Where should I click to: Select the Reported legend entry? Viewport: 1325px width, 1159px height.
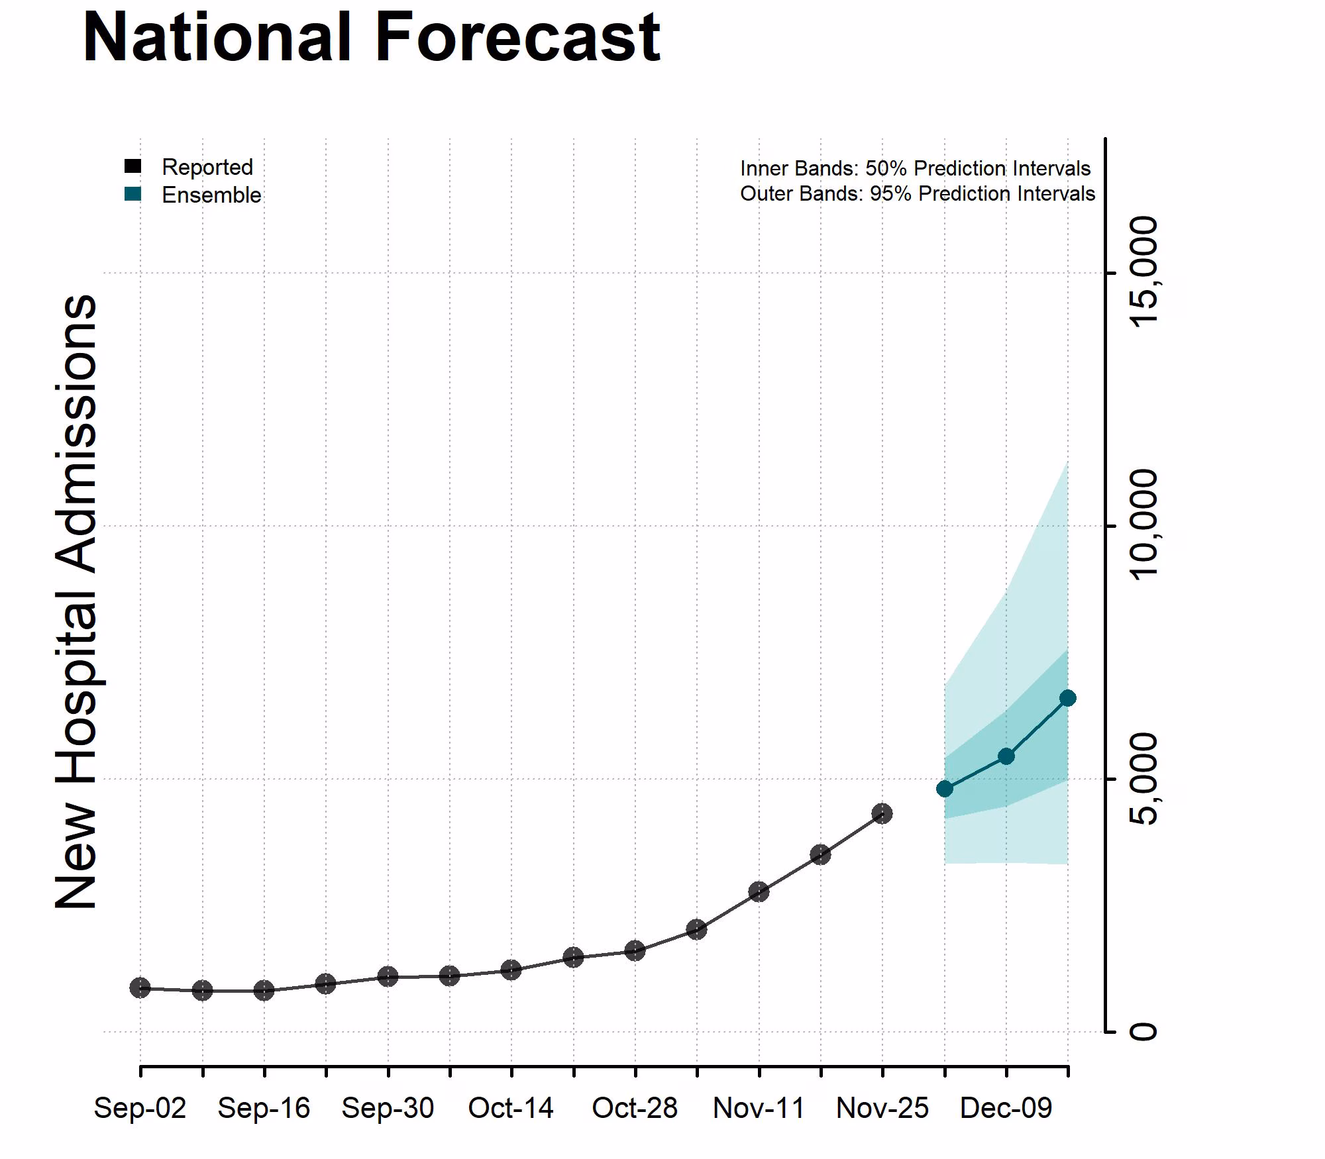(x=207, y=167)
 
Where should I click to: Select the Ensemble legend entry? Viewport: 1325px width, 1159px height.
(x=211, y=195)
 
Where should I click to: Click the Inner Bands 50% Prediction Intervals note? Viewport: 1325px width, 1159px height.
(x=915, y=168)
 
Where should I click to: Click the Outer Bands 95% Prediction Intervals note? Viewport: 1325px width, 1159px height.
(x=917, y=193)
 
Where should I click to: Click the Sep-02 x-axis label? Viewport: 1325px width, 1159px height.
(x=140, y=1108)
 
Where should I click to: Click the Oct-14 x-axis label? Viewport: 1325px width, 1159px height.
(x=511, y=1108)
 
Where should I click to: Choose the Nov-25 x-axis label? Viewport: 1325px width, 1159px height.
(x=882, y=1108)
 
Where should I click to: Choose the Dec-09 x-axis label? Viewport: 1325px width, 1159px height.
(x=1006, y=1108)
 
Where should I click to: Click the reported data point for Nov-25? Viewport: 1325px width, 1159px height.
(x=882, y=813)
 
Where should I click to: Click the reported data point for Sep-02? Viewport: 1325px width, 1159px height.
(x=140, y=988)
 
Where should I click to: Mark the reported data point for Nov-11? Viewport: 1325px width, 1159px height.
(x=759, y=891)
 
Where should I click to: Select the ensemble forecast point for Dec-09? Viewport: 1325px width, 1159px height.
(x=1006, y=756)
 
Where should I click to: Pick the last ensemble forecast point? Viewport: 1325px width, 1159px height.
(x=1068, y=698)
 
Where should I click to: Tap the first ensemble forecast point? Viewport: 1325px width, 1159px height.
(x=945, y=789)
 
